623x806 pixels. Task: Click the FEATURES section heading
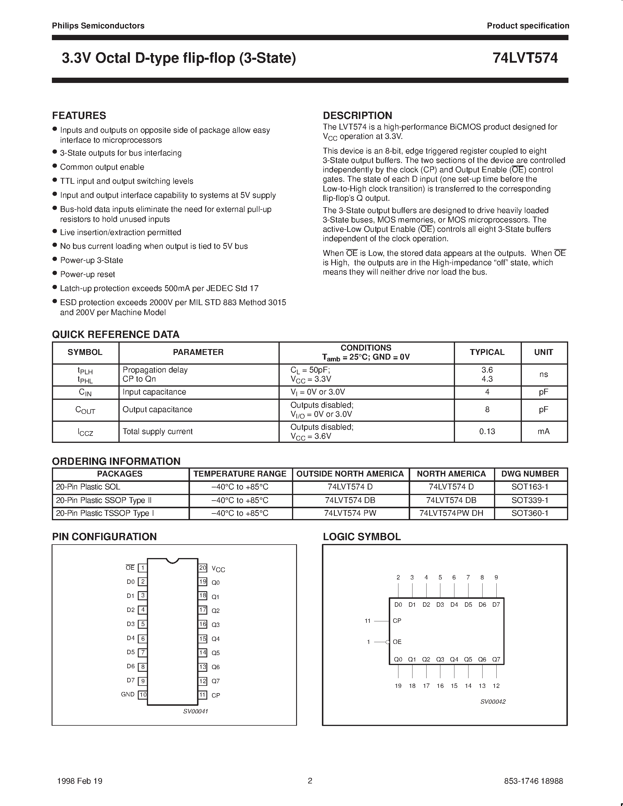pos(79,115)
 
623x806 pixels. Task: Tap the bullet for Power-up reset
pos(55,273)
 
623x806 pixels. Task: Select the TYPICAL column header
pos(487,352)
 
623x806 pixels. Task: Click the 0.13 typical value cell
pos(487,431)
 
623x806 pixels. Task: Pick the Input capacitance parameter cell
pos(154,392)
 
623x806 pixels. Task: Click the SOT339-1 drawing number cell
pos(530,500)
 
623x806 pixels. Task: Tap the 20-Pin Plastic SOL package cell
pos(88,487)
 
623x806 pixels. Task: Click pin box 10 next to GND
pos(142,695)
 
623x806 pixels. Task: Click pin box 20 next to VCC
pos(203,568)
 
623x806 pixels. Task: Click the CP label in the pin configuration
pos(215,695)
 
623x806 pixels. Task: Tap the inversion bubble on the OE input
pos(388,642)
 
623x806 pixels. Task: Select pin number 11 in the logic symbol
pos(367,621)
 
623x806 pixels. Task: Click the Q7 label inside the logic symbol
pos(496,659)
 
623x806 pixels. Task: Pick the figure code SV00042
pos(493,702)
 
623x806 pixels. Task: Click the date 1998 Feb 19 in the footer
pos(80,781)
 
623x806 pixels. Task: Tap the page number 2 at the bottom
pos(310,781)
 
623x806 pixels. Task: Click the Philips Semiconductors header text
pos(98,26)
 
